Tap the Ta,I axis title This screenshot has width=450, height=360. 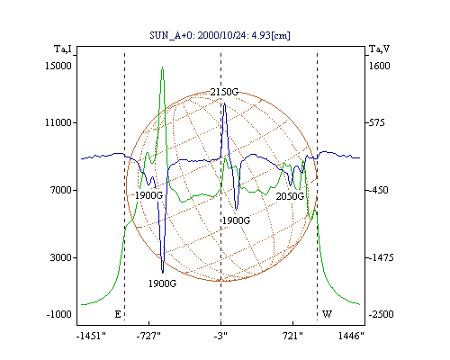pos(63,49)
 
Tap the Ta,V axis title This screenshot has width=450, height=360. pos(379,49)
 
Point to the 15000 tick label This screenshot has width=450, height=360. pos(58,66)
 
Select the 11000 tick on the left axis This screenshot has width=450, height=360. pos(58,122)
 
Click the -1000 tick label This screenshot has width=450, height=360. pos(58,314)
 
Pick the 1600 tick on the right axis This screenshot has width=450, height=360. pos(379,66)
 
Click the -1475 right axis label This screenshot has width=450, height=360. pos(381,257)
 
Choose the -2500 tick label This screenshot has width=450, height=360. pos(381,314)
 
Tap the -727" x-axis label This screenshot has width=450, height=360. pos(148,336)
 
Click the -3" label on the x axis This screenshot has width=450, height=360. pos(220,336)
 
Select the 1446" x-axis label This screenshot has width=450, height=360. pos(351,336)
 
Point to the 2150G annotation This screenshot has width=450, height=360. pos(224,92)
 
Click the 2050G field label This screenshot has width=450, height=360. pos(290,196)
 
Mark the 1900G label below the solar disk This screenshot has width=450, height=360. pos(162,283)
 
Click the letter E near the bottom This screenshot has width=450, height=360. pos(118,314)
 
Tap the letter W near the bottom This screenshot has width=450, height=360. pos(327,314)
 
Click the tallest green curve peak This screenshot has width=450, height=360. pos(162,67)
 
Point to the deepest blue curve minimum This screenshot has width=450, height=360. pos(163,273)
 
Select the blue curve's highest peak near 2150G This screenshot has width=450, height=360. pos(224,103)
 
